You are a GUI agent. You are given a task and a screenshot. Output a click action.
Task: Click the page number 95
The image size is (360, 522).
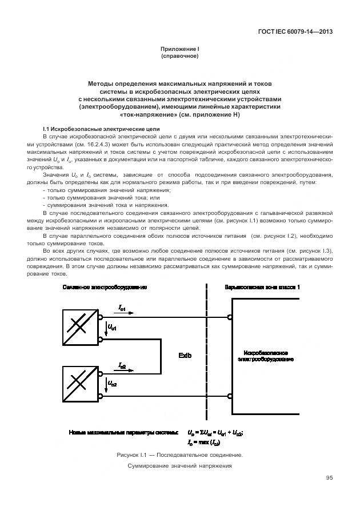(x=329, y=478)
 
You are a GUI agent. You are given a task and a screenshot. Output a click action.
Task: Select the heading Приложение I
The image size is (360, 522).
(x=179, y=50)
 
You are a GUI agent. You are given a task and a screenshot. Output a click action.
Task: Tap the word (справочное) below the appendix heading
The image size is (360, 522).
(x=179, y=57)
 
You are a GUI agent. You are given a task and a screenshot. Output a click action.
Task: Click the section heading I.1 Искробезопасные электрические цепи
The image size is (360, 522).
(x=101, y=129)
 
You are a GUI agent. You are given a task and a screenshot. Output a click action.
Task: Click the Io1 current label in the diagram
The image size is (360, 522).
(x=122, y=308)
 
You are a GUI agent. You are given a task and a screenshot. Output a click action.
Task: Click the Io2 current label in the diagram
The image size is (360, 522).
(x=122, y=365)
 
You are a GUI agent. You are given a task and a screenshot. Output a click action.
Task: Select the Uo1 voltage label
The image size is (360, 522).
(x=112, y=328)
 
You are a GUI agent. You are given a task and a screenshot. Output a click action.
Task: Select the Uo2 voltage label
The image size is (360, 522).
(x=112, y=384)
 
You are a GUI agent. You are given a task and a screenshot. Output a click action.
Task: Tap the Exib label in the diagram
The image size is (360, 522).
(x=185, y=356)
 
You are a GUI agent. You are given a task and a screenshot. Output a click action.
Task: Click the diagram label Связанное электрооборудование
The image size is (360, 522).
(x=105, y=287)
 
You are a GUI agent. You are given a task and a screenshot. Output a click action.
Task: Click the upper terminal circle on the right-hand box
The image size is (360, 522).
(x=230, y=317)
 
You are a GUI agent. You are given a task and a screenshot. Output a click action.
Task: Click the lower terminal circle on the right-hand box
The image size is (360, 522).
(x=230, y=396)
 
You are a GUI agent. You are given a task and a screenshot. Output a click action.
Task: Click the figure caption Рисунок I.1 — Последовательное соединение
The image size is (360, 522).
(x=179, y=455)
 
